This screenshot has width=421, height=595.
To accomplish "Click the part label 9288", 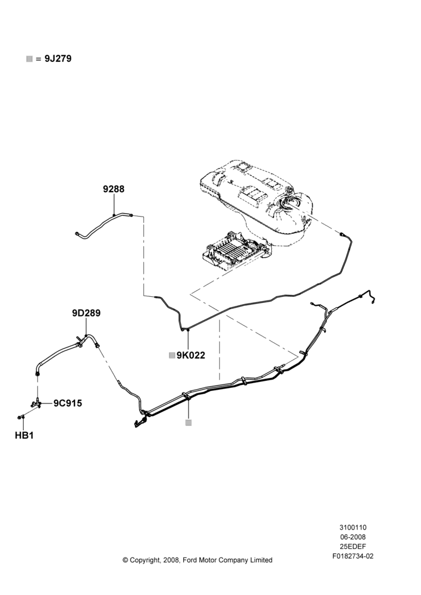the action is coord(114,189).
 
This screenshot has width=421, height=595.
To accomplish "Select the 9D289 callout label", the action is coord(86,313).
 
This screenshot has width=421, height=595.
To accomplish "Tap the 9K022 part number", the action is coord(191,355).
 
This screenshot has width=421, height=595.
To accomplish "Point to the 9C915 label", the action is coord(68,403).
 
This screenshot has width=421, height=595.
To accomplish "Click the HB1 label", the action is coord(24,436).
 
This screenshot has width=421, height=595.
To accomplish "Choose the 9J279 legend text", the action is coord(58,59).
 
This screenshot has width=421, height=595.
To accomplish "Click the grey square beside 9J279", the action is coord(30,59).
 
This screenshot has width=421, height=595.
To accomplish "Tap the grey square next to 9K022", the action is coord(172,355).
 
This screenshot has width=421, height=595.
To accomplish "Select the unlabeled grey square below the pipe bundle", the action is coord(188,422).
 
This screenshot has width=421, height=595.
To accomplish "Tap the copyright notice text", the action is coord(197,560).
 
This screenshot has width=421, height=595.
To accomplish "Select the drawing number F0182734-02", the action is coord(353,556).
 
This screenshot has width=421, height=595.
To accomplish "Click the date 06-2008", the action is coord(353,537).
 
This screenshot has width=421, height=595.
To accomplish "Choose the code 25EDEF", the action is coord(353,546).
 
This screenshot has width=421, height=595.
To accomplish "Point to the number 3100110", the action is coord(353,527).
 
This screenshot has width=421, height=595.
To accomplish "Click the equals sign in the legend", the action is coord(38,59).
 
